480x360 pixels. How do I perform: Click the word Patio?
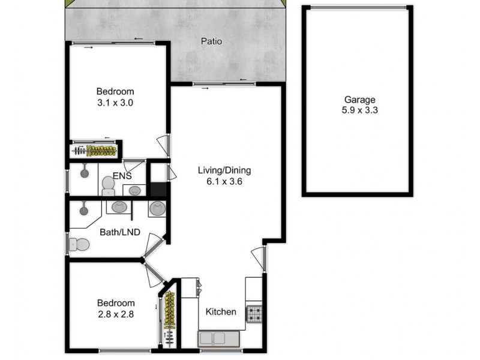212,42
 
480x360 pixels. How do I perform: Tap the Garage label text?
359,100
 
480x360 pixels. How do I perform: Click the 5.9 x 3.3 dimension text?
359,110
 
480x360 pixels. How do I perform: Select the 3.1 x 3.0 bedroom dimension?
115,103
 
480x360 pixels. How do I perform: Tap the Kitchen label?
221,312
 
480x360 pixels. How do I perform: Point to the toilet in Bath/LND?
79,244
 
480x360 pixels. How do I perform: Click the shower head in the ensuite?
85,171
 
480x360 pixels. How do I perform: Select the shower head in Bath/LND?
83,210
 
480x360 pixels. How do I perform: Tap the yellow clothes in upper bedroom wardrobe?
101,150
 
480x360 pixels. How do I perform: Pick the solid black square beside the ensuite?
158,190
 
